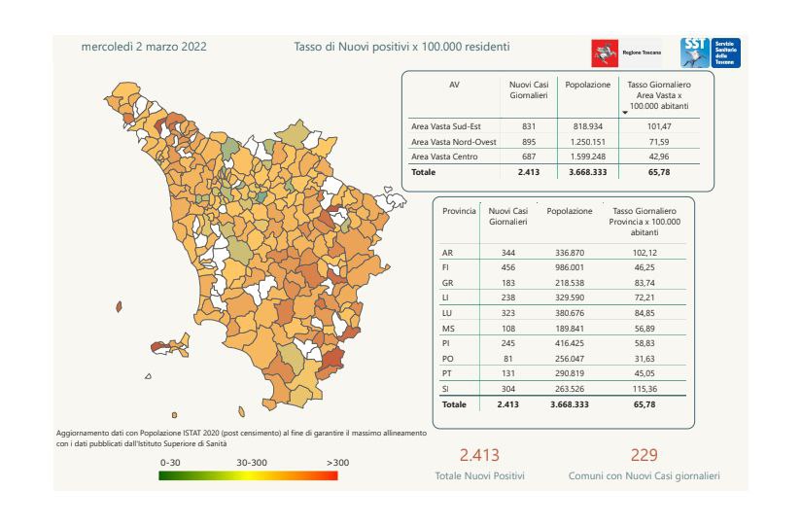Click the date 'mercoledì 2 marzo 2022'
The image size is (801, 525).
144,47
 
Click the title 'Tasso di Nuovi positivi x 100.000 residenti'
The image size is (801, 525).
401,47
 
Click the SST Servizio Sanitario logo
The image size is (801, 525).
710,52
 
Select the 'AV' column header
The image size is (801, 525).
454,86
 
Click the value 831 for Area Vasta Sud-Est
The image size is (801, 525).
528,127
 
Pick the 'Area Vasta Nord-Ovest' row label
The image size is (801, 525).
454,142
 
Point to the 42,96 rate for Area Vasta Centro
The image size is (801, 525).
660,157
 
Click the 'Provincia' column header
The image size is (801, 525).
459,210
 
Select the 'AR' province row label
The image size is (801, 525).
446,253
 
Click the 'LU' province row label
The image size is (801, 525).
446,313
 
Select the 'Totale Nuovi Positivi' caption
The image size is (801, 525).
479,476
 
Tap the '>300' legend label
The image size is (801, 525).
337,462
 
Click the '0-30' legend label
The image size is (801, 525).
171,462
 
